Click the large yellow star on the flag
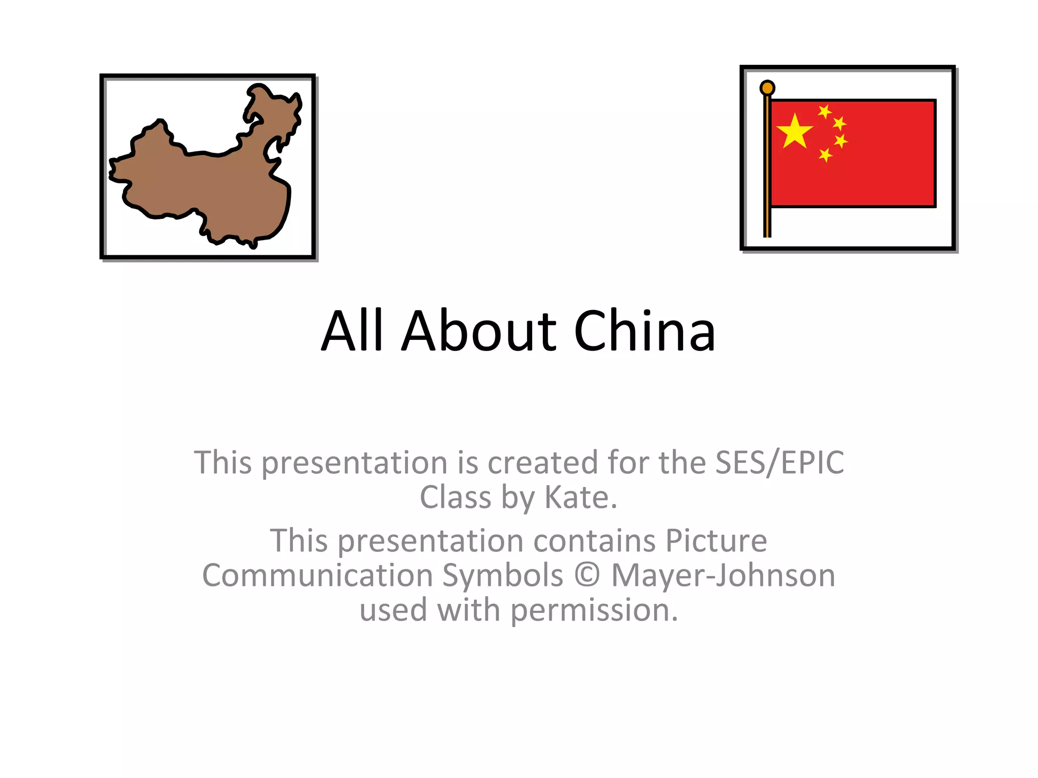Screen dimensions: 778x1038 (794, 132)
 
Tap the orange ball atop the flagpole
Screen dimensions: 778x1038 (767, 88)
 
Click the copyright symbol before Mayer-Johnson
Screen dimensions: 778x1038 (587, 575)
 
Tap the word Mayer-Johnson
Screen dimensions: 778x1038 (723, 575)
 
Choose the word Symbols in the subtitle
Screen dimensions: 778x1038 (503, 575)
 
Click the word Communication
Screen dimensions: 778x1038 (317, 575)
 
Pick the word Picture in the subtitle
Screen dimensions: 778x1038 (716, 540)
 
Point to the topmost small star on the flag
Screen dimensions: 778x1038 (825, 111)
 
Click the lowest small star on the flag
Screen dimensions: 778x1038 (825, 154)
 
